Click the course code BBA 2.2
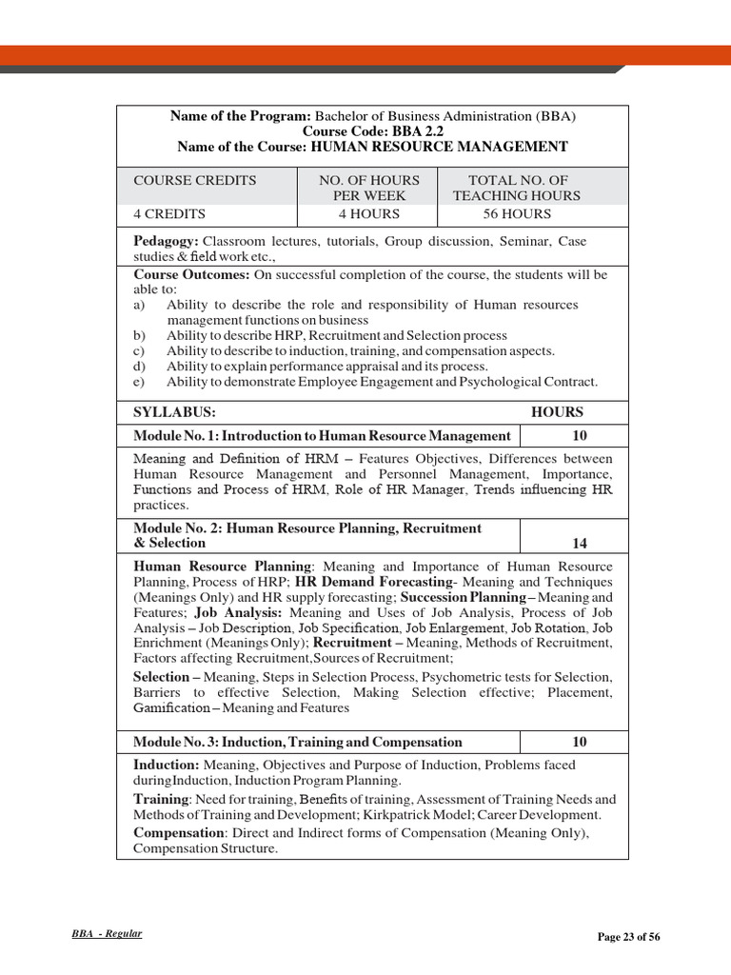click(x=373, y=131)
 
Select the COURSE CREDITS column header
click(x=195, y=180)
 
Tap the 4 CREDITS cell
click(x=169, y=214)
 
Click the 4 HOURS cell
click(x=369, y=214)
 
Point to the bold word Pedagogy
click(x=166, y=241)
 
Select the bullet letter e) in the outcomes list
click(x=140, y=382)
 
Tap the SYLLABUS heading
click(x=174, y=412)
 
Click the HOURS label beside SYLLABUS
click(x=557, y=412)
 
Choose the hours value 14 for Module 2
click(x=580, y=544)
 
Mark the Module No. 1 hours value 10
click(x=580, y=435)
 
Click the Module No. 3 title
click(x=298, y=742)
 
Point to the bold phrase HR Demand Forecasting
click(x=373, y=581)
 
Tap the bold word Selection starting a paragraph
click(x=160, y=677)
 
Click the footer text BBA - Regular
click(x=107, y=934)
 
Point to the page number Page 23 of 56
click(x=628, y=937)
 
